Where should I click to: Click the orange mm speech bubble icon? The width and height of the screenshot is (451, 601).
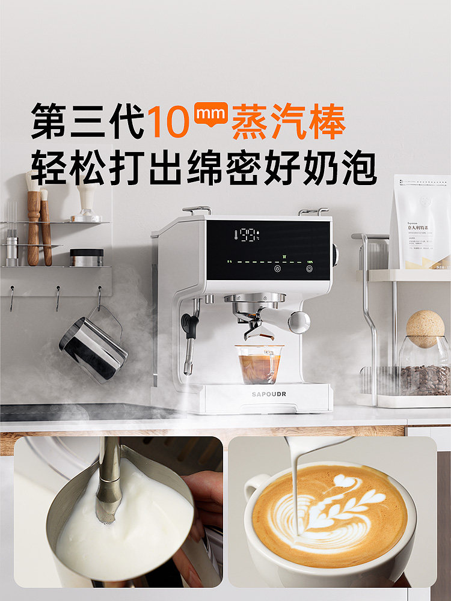(x=210, y=114)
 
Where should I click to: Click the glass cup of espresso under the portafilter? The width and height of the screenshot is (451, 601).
(x=259, y=365)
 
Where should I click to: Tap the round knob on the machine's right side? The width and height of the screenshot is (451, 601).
(x=334, y=255)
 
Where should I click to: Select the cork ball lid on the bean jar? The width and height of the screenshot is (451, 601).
(x=425, y=328)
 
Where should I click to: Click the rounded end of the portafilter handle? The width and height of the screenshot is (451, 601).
(x=299, y=322)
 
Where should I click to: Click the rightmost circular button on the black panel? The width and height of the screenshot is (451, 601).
(x=310, y=269)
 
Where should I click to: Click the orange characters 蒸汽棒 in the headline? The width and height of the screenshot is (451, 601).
(x=289, y=122)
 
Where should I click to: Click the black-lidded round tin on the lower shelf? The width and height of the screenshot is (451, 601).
(x=87, y=257)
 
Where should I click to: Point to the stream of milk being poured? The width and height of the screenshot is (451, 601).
(x=296, y=481)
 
